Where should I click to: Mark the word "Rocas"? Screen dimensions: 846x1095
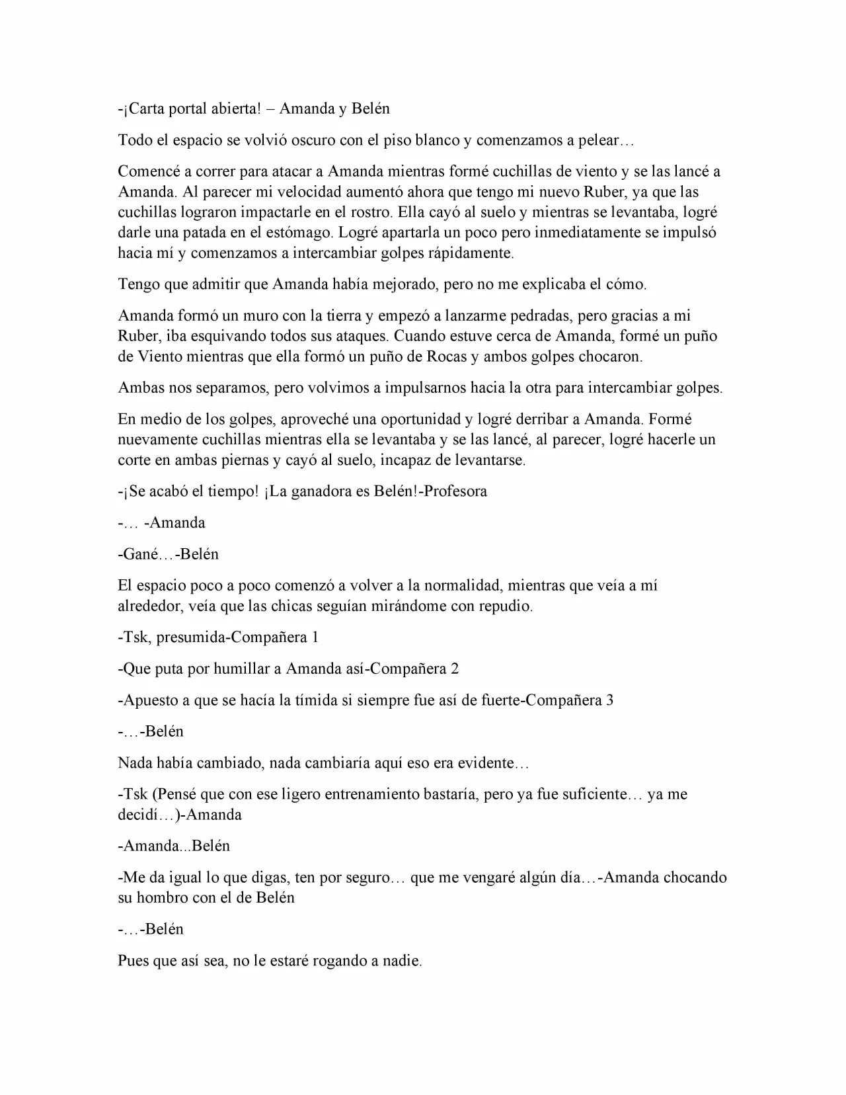[x=447, y=357]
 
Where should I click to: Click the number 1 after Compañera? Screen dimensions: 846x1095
[x=315, y=638]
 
